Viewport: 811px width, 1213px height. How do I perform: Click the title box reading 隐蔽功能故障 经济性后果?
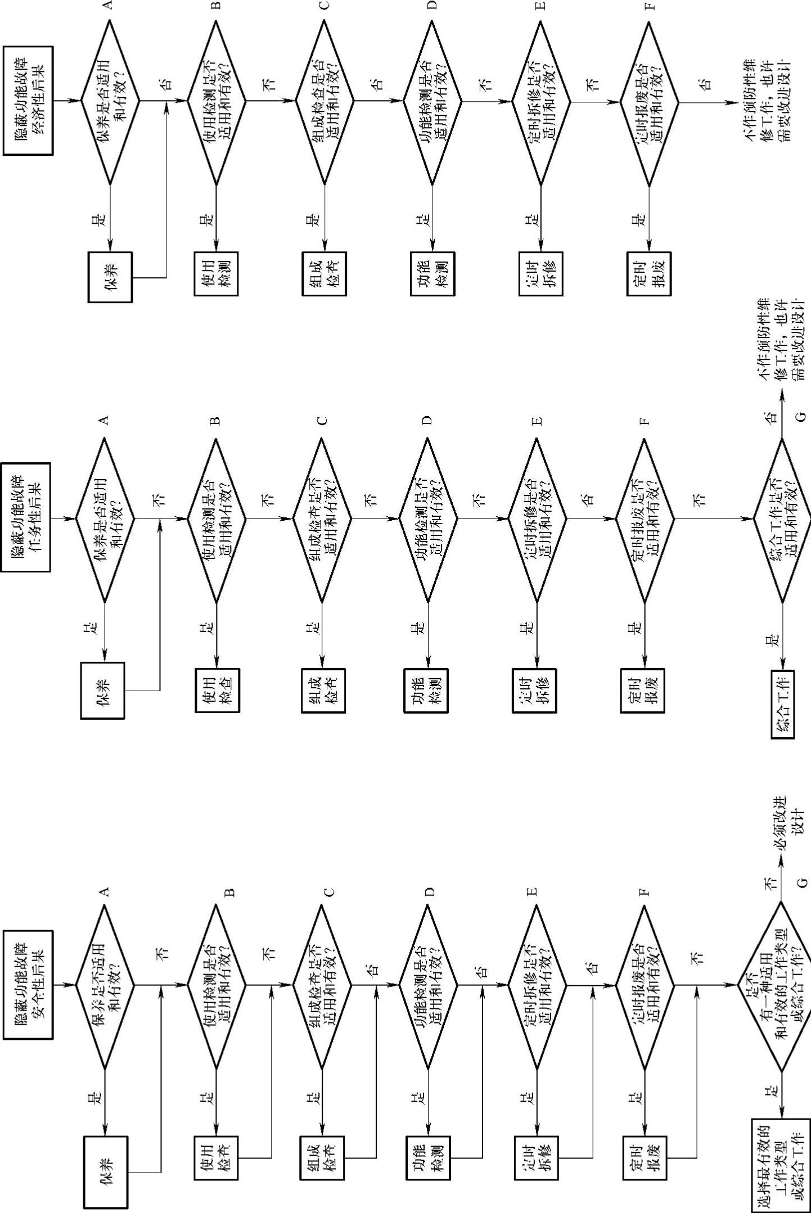tap(28, 101)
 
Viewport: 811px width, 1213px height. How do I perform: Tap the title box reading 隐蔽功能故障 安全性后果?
tap(28, 984)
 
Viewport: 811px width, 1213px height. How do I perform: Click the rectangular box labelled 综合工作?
tap(783, 703)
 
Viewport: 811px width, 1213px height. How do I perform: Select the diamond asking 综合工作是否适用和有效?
tap(782, 518)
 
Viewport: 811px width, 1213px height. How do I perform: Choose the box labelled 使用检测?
tap(217, 273)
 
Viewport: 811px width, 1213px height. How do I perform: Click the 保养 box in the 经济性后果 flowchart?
tap(111, 277)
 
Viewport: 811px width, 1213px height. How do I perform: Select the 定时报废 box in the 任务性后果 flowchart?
tap(643, 691)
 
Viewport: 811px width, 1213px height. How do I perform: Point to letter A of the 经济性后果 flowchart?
tap(108, 5)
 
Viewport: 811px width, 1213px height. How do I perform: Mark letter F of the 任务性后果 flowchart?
tap(644, 420)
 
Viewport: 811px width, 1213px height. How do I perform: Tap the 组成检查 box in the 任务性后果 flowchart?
tap(323, 691)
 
